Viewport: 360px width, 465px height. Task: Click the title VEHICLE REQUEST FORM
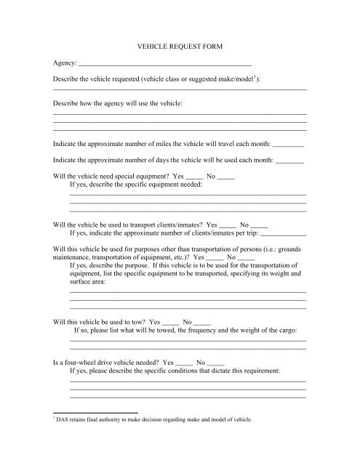pos(180,46)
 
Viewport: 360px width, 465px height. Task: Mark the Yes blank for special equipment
pos(194,177)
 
